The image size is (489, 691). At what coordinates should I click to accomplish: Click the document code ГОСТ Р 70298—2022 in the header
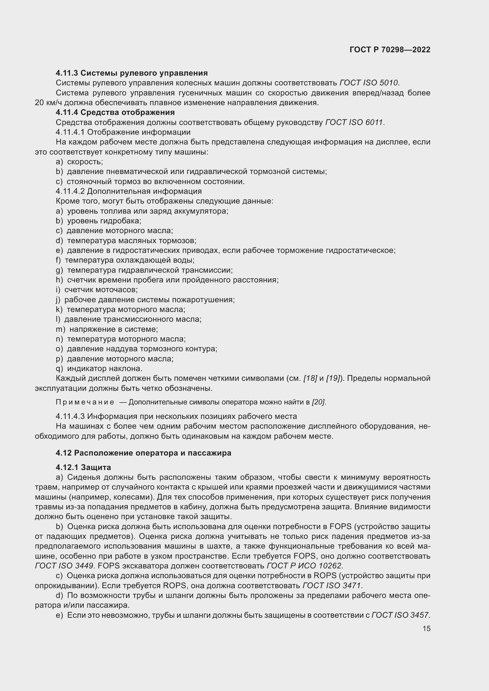coord(390,50)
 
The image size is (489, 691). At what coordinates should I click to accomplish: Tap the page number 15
coord(426,628)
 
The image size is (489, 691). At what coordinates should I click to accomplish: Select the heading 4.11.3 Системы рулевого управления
coord(132,73)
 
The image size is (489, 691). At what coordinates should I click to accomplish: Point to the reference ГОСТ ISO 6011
coord(354,123)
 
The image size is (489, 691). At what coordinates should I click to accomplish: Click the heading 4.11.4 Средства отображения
coord(115,113)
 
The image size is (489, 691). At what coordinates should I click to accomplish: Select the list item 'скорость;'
coord(85,162)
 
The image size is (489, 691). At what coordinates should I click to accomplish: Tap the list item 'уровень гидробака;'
coord(104,221)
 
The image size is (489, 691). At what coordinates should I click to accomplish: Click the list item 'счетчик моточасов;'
coord(101,290)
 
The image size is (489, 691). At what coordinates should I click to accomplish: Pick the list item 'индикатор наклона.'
coord(104,369)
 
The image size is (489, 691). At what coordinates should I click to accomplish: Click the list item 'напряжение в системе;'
coord(114,329)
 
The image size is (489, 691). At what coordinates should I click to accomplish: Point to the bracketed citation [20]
coord(319,402)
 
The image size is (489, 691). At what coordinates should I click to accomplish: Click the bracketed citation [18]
coord(310,379)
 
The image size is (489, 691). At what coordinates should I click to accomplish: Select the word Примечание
coord(85,402)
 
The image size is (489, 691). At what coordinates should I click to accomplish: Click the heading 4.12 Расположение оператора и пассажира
coord(143,453)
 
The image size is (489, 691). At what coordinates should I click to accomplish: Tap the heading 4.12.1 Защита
coord(83,467)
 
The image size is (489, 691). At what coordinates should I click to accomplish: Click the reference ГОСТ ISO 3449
coord(64,566)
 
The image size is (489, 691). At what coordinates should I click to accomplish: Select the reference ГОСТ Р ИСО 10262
coord(305,566)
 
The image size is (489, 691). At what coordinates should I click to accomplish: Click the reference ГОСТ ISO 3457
coord(400,615)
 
